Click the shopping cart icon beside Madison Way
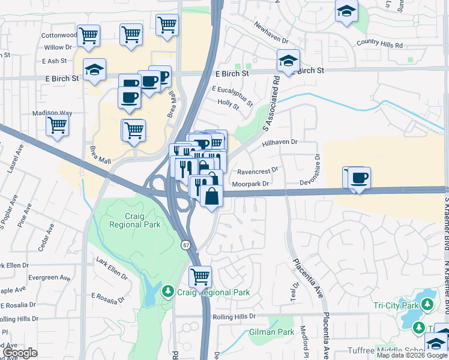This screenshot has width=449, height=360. click(57, 125)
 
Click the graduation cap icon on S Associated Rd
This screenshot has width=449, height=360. click(288, 61)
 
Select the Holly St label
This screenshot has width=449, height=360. click(228, 104)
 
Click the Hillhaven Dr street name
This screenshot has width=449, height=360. click(280, 142)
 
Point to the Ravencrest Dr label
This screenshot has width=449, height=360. click(258, 170)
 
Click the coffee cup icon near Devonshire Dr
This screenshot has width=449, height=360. click(360, 178)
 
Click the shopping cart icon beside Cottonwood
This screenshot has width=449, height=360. click(88, 35)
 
